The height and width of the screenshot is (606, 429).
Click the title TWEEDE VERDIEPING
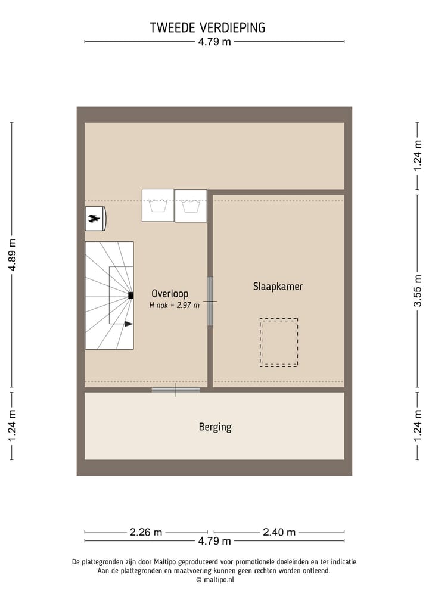[207, 27]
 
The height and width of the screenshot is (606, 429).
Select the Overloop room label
[170, 294]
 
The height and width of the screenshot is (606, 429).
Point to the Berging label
[215, 427]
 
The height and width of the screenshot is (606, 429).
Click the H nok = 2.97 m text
[174, 306]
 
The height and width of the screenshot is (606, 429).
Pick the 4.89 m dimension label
[12, 255]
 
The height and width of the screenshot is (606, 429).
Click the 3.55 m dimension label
[419, 291]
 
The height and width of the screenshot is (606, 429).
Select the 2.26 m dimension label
[146, 532]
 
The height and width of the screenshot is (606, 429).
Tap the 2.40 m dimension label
[279, 532]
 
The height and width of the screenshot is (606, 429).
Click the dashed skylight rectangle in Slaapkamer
[278, 343]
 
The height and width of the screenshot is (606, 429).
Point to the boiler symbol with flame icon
[95, 219]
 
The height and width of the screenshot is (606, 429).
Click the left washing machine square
[158, 206]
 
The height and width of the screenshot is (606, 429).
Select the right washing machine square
[191, 206]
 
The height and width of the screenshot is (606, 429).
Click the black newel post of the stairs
[130, 296]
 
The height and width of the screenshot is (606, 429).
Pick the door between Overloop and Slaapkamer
[210, 302]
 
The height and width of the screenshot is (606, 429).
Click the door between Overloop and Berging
[176, 390]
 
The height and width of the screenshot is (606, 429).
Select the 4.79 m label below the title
[214, 42]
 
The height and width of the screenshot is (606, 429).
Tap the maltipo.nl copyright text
[215, 579]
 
